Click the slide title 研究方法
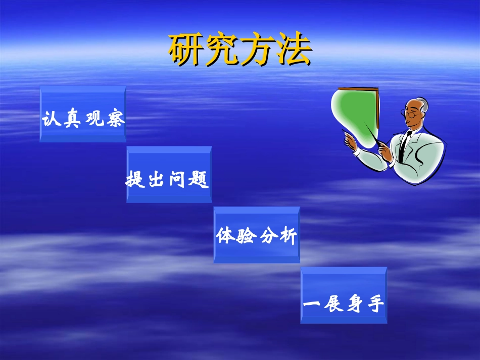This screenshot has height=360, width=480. [x=239, y=50]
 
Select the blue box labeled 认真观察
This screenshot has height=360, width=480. [x=83, y=114]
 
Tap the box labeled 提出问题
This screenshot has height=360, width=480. [x=169, y=174]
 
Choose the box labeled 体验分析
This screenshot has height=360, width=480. [x=257, y=235]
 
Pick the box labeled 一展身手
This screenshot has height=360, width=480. [x=344, y=295]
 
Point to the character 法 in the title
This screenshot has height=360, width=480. [x=293, y=50]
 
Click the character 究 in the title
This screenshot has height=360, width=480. [x=221, y=50]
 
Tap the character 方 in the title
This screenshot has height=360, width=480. [x=257, y=50]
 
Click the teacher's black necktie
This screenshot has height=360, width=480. [x=403, y=146]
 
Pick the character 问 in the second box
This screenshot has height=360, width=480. [x=180, y=180]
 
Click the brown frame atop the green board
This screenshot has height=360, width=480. [x=359, y=89]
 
